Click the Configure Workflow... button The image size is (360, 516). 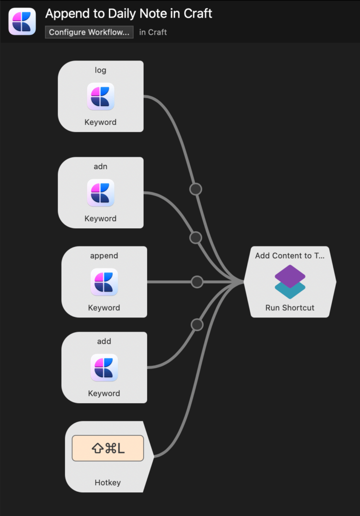pos(89,32)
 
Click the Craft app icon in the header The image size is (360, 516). pos(22,21)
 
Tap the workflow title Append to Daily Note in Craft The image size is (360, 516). pos(129,14)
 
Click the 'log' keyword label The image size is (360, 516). pos(100,70)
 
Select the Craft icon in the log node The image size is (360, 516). pos(100,96)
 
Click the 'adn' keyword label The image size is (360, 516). pos(100,166)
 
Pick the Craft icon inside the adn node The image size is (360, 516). pos(100,193)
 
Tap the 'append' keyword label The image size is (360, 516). pos(104,255)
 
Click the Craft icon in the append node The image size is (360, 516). pos(104,282)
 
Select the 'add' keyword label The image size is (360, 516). pos(104,341)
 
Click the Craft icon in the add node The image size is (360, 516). pos(104,367)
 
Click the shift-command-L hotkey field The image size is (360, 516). pos(108,448)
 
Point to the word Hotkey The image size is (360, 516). pos(108,482)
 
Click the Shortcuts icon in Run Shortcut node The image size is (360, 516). pos(290,282)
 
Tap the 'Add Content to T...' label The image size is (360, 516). pos(290,255)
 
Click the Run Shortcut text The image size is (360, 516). pos(290,308)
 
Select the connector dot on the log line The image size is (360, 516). pos(196,189)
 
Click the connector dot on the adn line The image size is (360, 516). pos(196,238)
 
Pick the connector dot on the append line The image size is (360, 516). pos(197,282)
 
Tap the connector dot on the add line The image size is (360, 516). pos(197,325)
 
